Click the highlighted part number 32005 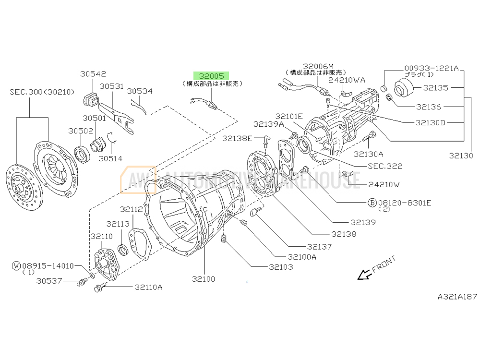[x=212, y=76]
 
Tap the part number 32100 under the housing [x=204, y=279]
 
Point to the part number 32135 [x=435, y=88]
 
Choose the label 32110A [x=148, y=287]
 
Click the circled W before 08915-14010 [x=16, y=265]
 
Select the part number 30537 [x=49, y=281]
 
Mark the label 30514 [x=110, y=158]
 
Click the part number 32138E [x=237, y=138]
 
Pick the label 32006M [x=319, y=66]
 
